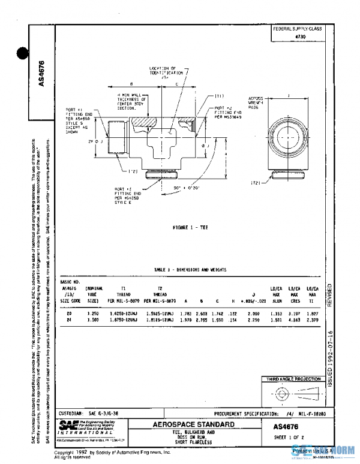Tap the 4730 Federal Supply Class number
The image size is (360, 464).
pyautogui.click(x=298, y=37)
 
